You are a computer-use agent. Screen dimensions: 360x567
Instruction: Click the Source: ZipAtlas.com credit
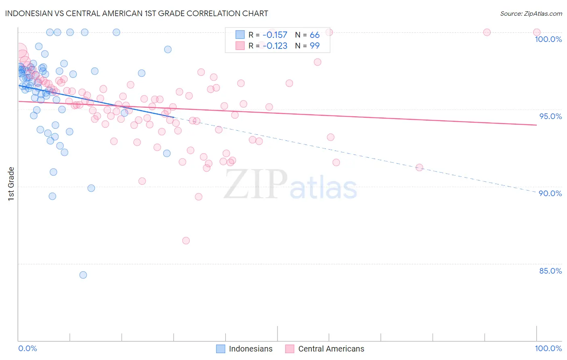click(531, 13)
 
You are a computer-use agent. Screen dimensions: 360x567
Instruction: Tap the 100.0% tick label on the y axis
click(548, 39)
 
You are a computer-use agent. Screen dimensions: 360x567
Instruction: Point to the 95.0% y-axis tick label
click(550, 116)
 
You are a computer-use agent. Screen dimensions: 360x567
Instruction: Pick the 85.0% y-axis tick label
click(550, 271)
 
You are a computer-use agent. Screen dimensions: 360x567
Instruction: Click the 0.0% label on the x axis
click(27, 348)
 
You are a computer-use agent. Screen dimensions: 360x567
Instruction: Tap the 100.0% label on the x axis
click(548, 348)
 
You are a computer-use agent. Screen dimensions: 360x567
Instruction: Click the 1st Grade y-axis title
click(11, 184)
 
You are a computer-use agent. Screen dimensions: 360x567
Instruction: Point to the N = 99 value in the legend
click(307, 46)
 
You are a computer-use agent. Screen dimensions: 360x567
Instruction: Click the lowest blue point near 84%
click(83, 275)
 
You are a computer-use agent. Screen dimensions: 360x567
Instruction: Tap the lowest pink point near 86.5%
click(186, 241)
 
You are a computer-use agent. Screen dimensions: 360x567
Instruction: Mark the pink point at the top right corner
click(536, 32)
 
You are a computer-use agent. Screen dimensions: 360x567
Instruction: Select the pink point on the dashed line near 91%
click(419, 167)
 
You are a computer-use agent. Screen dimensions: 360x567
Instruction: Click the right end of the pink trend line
click(536, 125)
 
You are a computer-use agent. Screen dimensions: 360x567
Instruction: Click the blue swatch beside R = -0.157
click(240, 35)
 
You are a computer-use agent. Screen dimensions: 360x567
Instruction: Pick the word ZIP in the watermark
click(256, 184)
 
